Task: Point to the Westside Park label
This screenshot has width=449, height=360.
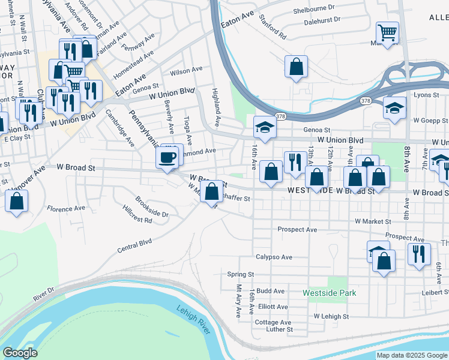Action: coord(330,293)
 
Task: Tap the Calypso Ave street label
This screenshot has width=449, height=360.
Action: coord(274,257)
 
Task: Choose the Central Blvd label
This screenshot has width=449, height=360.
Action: coord(134,244)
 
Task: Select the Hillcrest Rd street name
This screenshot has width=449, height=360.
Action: coord(137,220)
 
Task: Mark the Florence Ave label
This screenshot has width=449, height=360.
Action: coord(67,209)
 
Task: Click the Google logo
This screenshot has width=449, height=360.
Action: coord(20,352)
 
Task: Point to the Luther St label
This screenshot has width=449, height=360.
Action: coord(280,329)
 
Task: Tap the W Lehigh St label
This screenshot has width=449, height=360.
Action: coord(331,316)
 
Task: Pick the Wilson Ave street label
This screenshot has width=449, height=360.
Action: coord(186,71)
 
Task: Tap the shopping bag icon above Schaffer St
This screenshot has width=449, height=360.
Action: coord(212,192)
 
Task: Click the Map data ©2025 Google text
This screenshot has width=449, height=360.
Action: coord(411,355)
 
